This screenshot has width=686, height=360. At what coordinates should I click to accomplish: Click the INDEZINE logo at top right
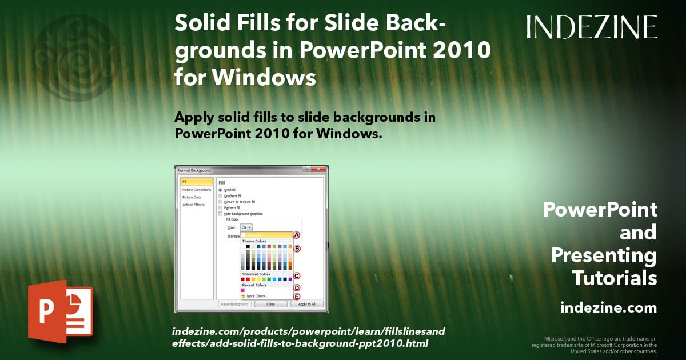point(592,27)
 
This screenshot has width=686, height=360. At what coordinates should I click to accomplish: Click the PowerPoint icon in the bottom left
point(60,311)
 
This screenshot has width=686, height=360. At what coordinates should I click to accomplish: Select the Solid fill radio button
point(220,190)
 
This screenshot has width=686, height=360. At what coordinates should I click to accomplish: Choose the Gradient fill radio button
point(220,196)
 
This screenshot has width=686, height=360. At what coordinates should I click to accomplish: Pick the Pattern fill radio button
point(220,207)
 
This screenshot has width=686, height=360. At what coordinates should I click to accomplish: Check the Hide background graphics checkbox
point(220,214)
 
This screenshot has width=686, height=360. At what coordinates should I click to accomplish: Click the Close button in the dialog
point(270,304)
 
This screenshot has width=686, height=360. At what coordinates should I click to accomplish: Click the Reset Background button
point(234,304)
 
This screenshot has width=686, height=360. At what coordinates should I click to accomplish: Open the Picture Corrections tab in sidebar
point(196,190)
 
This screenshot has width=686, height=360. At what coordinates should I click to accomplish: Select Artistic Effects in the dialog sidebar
point(193,205)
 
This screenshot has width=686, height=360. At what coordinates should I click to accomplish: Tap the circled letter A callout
point(297,235)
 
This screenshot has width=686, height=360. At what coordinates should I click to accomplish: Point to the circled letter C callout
point(297,276)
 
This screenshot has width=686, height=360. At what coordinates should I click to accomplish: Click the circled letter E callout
point(297,296)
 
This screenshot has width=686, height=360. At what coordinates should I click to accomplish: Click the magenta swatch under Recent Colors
point(243,290)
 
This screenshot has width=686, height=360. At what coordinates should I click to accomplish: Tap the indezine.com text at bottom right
point(608,308)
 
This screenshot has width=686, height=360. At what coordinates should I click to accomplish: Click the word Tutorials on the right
point(615,278)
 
